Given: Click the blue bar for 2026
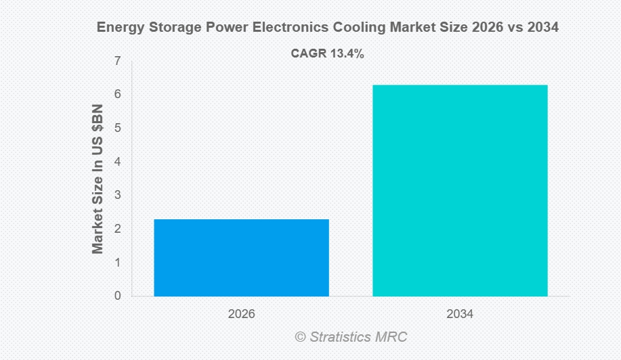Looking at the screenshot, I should coord(241,257).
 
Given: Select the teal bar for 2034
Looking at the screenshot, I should coord(460,190).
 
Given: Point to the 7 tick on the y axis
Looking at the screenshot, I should coord(118,61).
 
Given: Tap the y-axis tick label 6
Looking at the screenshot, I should coord(118,94).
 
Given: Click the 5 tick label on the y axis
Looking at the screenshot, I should coord(118,128).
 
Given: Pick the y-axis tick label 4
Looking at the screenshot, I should coord(118,162).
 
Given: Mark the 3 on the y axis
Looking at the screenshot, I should coord(118,195).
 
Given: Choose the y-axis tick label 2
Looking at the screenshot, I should coord(118,229).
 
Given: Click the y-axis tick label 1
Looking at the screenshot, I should coord(118,262).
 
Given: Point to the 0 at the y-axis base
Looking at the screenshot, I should coord(118,296).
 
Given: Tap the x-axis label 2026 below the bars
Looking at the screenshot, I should coord(241,315).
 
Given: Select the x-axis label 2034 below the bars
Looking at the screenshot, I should coord(460,315).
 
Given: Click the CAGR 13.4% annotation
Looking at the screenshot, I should coord(328,54).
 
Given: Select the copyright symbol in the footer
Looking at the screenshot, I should coord(301,336).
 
